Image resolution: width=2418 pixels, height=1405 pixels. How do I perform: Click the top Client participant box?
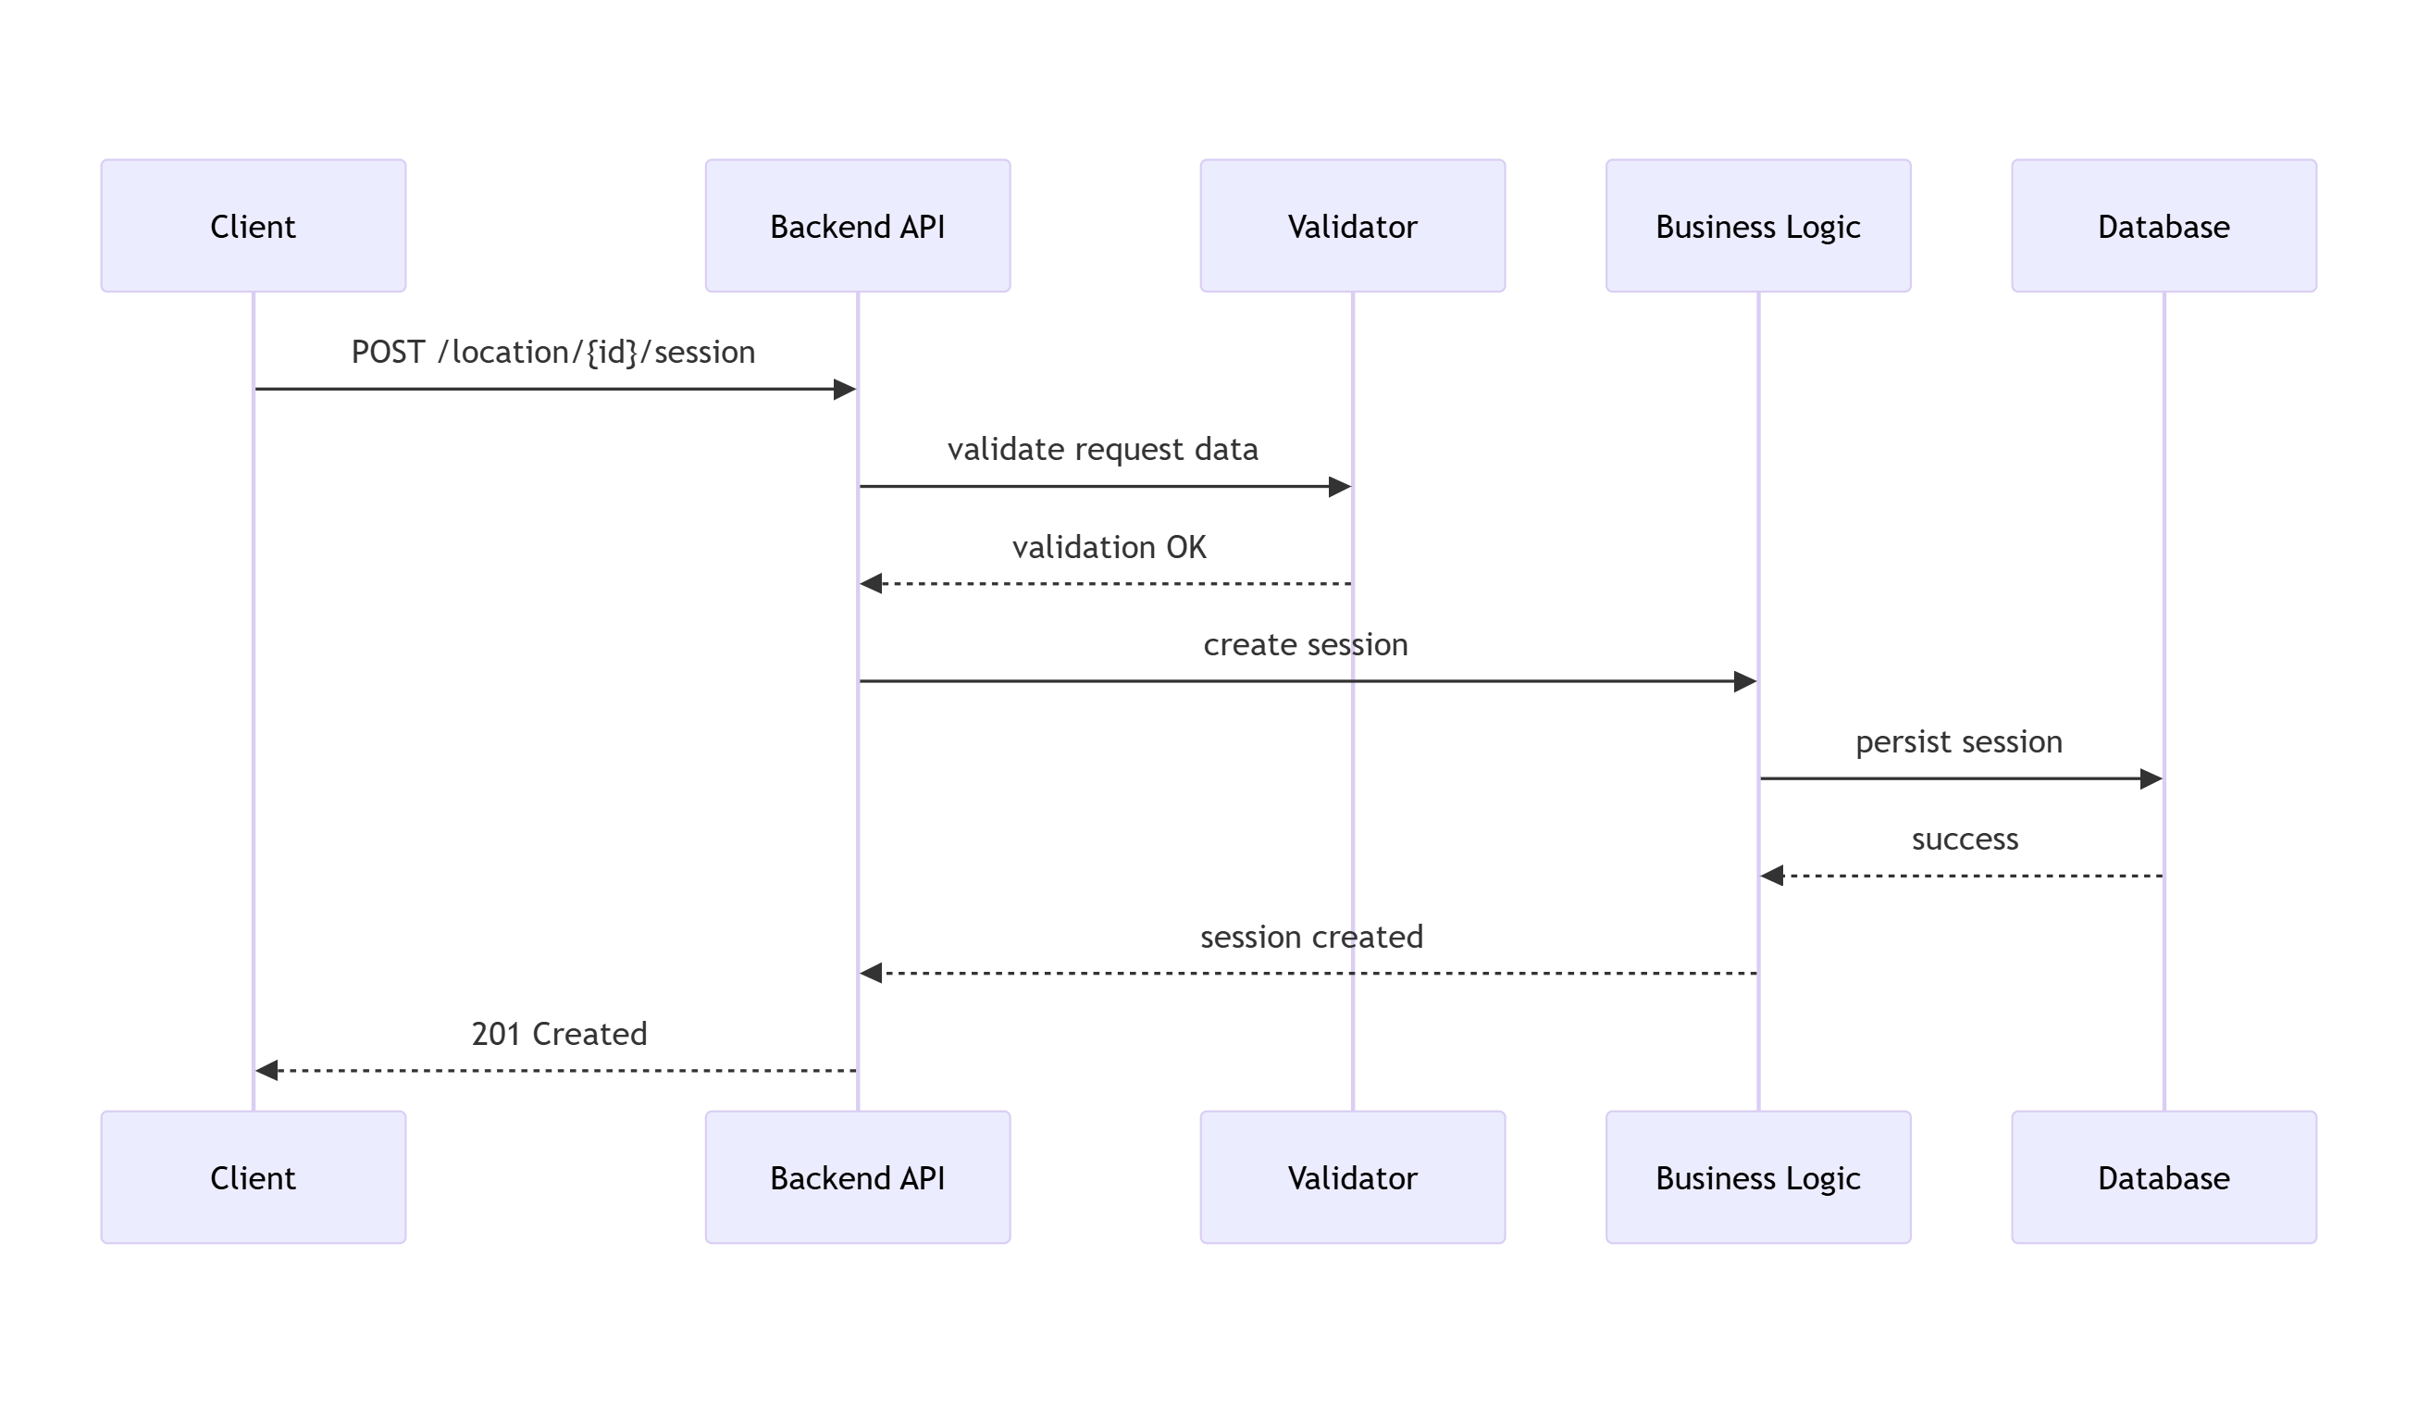(254, 226)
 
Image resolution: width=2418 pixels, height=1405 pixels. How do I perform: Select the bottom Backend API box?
(858, 1177)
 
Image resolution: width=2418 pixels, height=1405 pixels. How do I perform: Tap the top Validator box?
(1353, 226)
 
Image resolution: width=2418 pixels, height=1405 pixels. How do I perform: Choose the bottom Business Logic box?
(1759, 1177)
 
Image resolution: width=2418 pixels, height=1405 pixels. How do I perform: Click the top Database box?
(2164, 226)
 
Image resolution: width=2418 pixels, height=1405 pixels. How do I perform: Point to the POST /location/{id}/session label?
(553, 353)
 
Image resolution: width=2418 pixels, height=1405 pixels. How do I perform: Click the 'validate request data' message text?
(1102, 449)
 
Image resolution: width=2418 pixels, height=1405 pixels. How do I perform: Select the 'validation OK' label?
(1110, 547)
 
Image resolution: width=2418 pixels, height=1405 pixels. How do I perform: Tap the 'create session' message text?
(1306, 644)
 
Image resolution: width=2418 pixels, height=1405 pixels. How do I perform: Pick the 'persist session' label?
(1959, 742)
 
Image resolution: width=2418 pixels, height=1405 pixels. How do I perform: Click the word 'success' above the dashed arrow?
(1965, 839)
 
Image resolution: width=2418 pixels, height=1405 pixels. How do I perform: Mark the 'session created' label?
(1311, 937)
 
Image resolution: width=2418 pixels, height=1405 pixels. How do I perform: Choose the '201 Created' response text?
(560, 1034)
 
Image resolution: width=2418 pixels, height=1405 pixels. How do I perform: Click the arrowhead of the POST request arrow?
(844, 390)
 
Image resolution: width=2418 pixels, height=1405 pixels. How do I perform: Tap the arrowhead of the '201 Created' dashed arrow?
(267, 1070)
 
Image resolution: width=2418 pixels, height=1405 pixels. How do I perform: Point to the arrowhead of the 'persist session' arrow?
(2151, 779)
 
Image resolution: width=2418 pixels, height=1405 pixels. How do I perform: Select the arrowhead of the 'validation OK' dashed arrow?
(872, 583)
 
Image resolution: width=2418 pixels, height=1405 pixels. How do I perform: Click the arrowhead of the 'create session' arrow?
(1745, 681)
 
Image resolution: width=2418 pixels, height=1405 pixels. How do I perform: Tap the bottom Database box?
(2164, 1177)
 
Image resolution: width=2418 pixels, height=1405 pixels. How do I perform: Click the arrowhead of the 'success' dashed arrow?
(1772, 877)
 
